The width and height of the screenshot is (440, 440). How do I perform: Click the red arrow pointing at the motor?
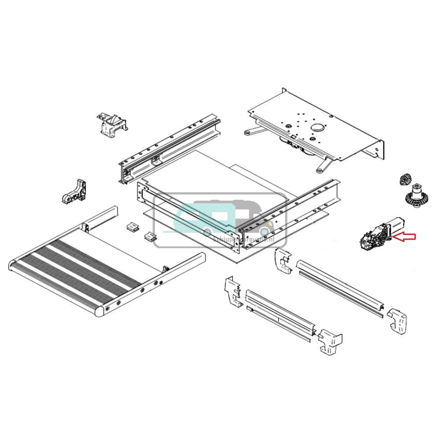click(x=404, y=237)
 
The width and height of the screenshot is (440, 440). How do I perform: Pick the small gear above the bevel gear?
click(x=403, y=180)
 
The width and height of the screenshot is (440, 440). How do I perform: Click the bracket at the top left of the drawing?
click(x=111, y=124)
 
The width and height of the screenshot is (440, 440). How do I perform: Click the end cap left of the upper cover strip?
click(x=282, y=262)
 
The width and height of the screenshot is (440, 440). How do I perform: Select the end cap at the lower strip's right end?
click(x=330, y=341)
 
